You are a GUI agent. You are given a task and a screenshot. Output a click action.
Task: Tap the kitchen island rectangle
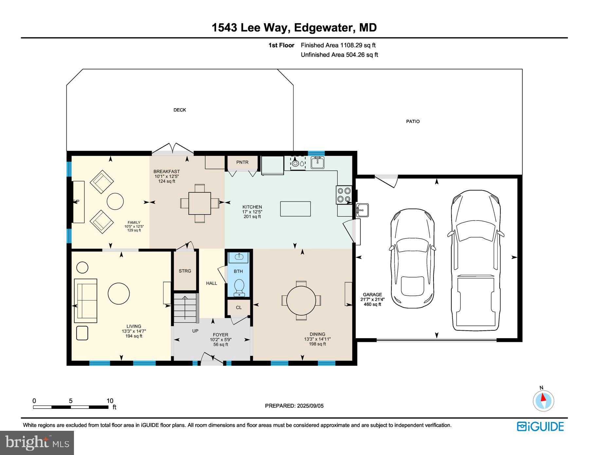coord(295,209)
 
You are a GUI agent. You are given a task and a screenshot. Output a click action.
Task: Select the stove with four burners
coord(344,195)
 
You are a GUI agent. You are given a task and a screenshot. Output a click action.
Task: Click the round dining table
coord(301,300)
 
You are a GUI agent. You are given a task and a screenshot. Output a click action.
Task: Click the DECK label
coord(180,110)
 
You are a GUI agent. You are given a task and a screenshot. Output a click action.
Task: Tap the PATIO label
coord(413,121)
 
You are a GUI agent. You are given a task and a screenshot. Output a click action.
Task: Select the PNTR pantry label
coord(242,162)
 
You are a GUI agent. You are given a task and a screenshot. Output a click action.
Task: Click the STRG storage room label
coord(185,271)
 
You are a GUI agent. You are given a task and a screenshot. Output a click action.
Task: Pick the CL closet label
coord(239,307)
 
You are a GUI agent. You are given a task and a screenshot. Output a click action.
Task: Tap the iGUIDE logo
coord(540,427)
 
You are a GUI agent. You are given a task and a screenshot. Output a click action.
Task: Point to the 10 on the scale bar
coord(110,401)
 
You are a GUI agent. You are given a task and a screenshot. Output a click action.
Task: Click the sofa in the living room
coord(86,301)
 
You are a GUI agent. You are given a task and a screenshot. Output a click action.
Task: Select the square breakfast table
coord(200,203)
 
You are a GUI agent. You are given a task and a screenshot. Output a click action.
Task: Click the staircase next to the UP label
coord(186,308)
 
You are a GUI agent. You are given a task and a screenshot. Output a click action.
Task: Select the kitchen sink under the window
coord(317,163)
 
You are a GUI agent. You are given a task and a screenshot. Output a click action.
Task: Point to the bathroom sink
coord(239,257)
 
